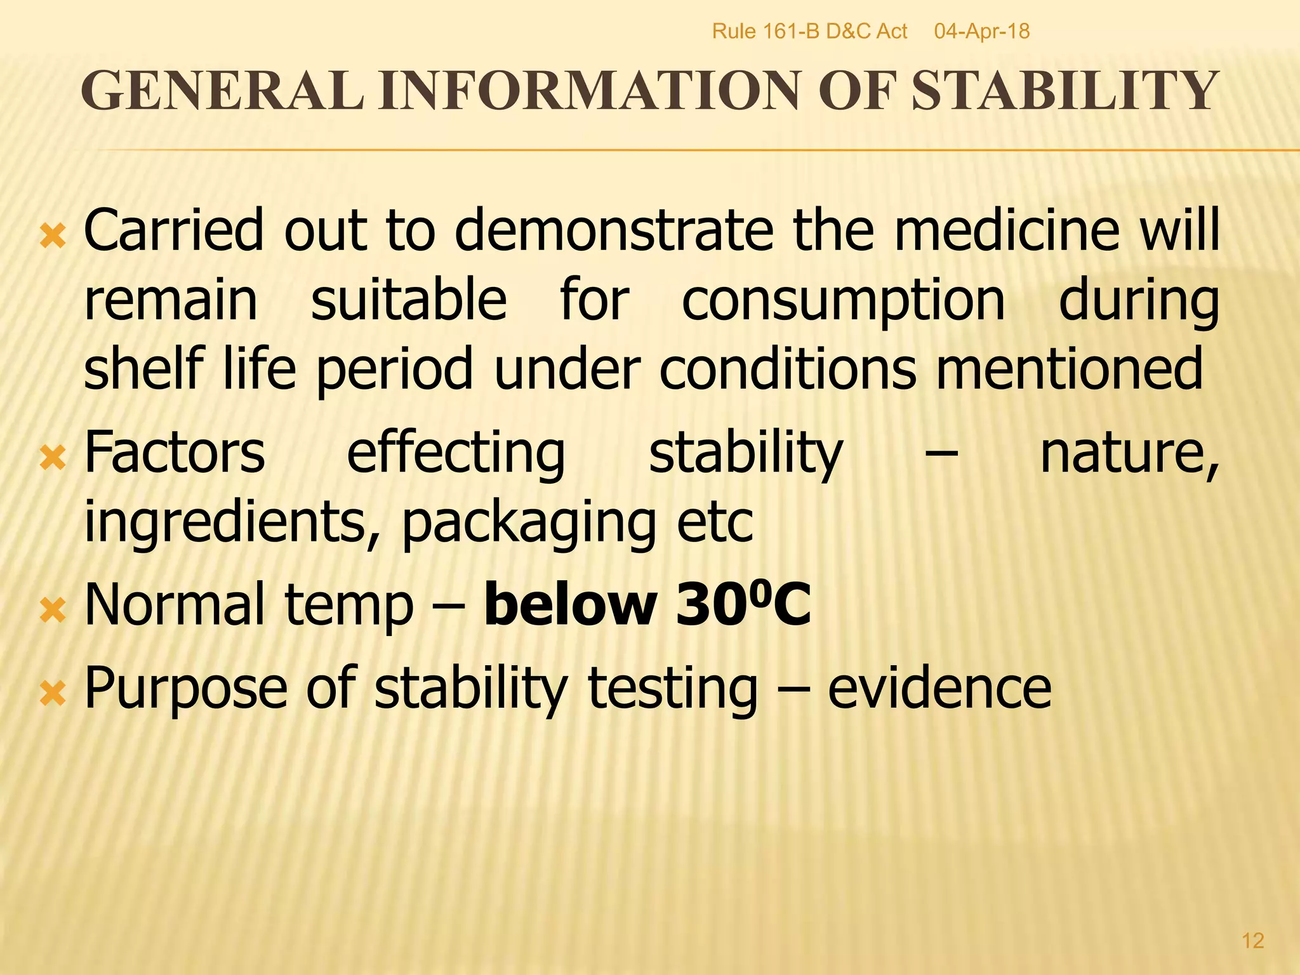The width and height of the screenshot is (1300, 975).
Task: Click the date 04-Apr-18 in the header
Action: tap(981, 31)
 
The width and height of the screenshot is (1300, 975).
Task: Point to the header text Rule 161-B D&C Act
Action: tap(809, 31)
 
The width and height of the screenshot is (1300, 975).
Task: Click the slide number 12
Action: tap(1252, 940)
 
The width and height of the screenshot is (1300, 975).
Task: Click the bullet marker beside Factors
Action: tap(53, 458)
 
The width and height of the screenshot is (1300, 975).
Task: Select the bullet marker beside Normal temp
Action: tap(53, 611)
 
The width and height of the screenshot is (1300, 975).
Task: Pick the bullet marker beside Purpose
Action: tap(53, 694)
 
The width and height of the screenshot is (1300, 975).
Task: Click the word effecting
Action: tap(456, 454)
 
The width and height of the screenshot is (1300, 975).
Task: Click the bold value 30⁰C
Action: tap(743, 605)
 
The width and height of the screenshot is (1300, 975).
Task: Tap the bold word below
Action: tap(570, 605)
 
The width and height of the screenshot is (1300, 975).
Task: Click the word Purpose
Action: tap(186, 689)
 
